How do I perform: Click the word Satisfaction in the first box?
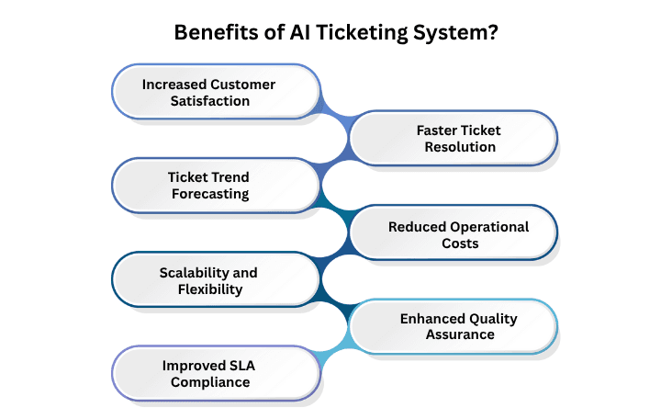[209, 101]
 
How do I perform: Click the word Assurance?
[459, 335]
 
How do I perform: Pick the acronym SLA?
[236, 366]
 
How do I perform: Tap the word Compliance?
[209, 382]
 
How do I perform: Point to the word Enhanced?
[433, 319]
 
